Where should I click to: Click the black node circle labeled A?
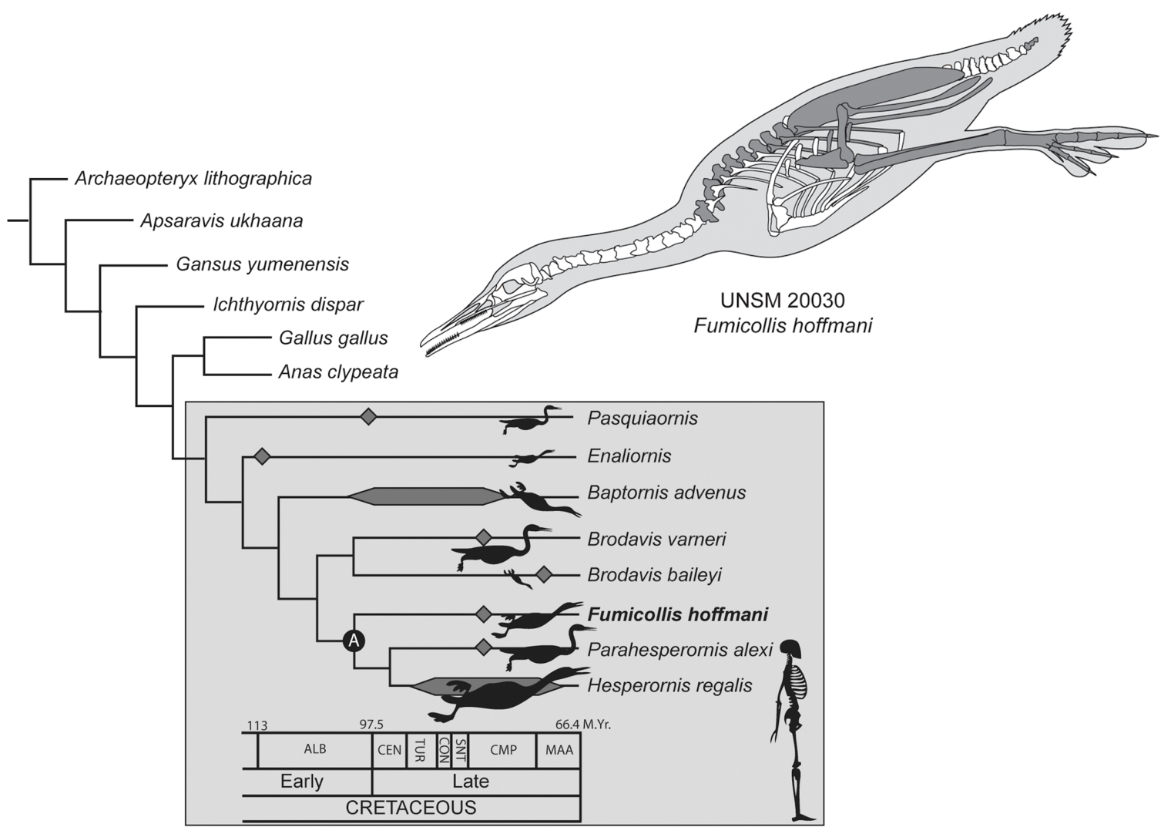tap(354, 640)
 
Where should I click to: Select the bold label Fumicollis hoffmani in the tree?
tap(678, 614)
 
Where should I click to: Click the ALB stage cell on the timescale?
tap(314, 749)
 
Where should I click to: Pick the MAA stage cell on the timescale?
tap(559, 749)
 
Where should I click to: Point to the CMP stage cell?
tap(503, 749)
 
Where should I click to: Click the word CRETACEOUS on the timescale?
tap(411, 808)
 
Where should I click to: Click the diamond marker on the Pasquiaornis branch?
tap(369, 417)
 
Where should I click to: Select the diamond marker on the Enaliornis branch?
tap(263, 456)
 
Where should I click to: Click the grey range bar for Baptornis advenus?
tap(428, 496)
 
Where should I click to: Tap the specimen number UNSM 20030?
tap(783, 299)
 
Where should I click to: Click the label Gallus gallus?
tap(333, 338)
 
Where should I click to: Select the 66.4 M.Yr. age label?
tap(582, 725)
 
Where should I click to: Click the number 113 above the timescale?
tap(257, 725)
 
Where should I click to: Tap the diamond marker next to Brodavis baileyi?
tap(544, 574)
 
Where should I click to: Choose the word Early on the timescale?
tap(302, 781)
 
